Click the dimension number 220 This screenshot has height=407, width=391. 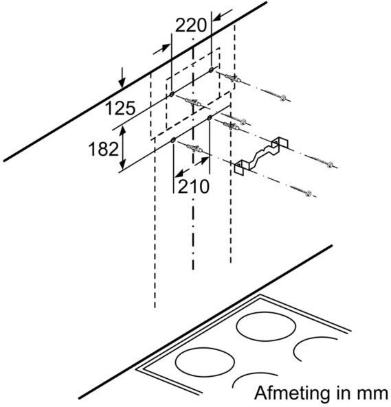click(191, 25)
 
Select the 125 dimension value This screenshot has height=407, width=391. click(120, 108)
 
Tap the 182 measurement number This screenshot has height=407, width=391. click(103, 149)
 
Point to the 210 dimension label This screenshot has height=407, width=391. click(194, 186)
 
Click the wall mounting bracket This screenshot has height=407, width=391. click(261, 157)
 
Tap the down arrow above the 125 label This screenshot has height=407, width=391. click(122, 78)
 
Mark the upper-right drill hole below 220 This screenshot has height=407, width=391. click(211, 69)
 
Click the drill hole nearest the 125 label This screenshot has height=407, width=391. click(172, 94)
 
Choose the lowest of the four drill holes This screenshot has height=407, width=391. click(173, 141)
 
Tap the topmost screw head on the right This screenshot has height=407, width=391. click(283, 98)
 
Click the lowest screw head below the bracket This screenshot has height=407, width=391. click(309, 194)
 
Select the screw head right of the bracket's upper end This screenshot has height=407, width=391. click(331, 165)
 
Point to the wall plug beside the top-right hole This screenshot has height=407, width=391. click(232, 78)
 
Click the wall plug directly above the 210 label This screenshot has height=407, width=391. click(194, 149)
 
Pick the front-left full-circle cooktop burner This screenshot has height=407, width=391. click(205, 362)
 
